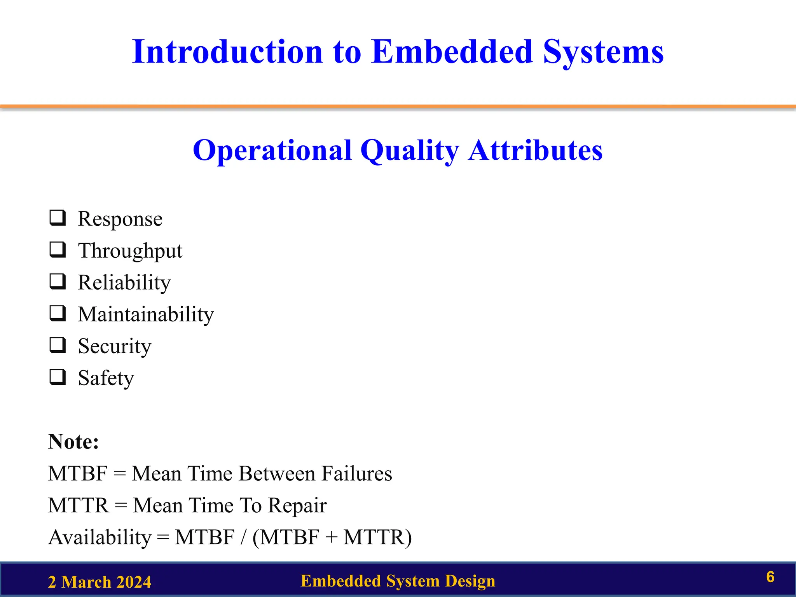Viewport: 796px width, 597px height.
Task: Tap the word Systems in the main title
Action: [x=603, y=52]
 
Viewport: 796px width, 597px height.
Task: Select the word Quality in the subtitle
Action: [x=410, y=150]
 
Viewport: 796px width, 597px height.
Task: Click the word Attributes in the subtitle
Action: [x=535, y=150]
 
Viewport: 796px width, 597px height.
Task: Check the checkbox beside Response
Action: [x=58, y=218]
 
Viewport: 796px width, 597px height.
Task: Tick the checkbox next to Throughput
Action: [x=58, y=250]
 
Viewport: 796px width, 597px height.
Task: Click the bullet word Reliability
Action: [x=124, y=283]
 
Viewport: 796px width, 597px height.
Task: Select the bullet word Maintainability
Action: [x=146, y=314]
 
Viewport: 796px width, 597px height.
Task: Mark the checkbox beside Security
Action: [x=58, y=345]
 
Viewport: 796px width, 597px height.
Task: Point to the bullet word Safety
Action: [x=106, y=378]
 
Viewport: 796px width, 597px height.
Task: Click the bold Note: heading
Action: [x=73, y=442]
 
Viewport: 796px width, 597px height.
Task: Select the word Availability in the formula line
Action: [x=100, y=538]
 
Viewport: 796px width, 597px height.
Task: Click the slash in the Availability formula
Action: [x=243, y=538]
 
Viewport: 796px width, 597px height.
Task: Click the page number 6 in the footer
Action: [x=770, y=577]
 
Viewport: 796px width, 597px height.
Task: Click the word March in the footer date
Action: [x=86, y=582]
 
